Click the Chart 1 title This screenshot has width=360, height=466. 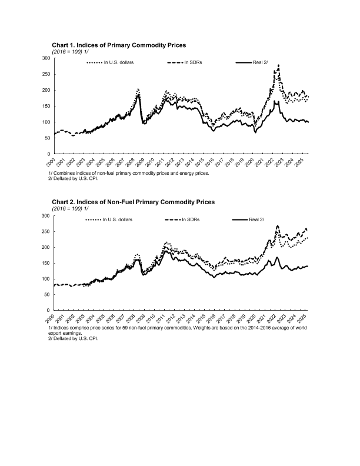(119, 45)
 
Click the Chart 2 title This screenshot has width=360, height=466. (133, 202)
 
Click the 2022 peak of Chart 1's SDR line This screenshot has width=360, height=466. (278, 65)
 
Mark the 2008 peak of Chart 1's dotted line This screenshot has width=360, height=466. (138, 89)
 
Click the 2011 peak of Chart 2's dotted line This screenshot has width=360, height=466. (166, 242)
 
